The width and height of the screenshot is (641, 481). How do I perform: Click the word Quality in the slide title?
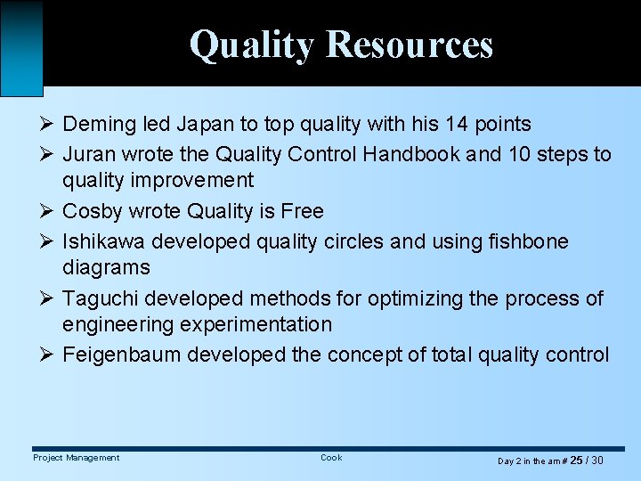pyautogui.click(x=252, y=45)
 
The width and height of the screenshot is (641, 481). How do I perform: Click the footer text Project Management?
pyautogui.click(x=76, y=458)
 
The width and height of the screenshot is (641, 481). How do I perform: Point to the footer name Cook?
pyautogui.click(x=331, y=458)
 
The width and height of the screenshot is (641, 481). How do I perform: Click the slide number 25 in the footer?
pyautogui.click(x=576, y=461)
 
